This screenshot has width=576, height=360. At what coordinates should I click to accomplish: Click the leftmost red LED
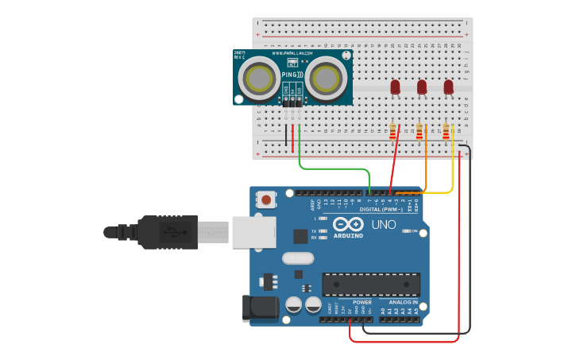(395, 86)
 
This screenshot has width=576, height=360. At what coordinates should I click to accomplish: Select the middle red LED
(422, 86)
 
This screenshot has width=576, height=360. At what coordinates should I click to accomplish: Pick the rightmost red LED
(448, 86)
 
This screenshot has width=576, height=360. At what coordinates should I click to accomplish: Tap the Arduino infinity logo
(348, 224)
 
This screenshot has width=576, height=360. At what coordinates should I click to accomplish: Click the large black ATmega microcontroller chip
(370, 285)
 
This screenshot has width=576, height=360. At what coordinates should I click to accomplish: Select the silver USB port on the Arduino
(253, 232)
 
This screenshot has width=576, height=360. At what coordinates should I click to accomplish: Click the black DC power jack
(259, 308)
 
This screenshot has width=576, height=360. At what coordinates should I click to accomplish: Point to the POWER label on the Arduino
(361, 302)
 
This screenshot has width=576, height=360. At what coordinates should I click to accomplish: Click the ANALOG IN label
(403, 302)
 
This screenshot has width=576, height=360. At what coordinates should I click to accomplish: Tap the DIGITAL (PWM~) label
(381, 209)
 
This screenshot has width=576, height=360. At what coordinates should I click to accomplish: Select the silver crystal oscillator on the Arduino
(298, 257)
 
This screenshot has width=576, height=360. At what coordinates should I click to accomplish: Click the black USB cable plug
(167, 232)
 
